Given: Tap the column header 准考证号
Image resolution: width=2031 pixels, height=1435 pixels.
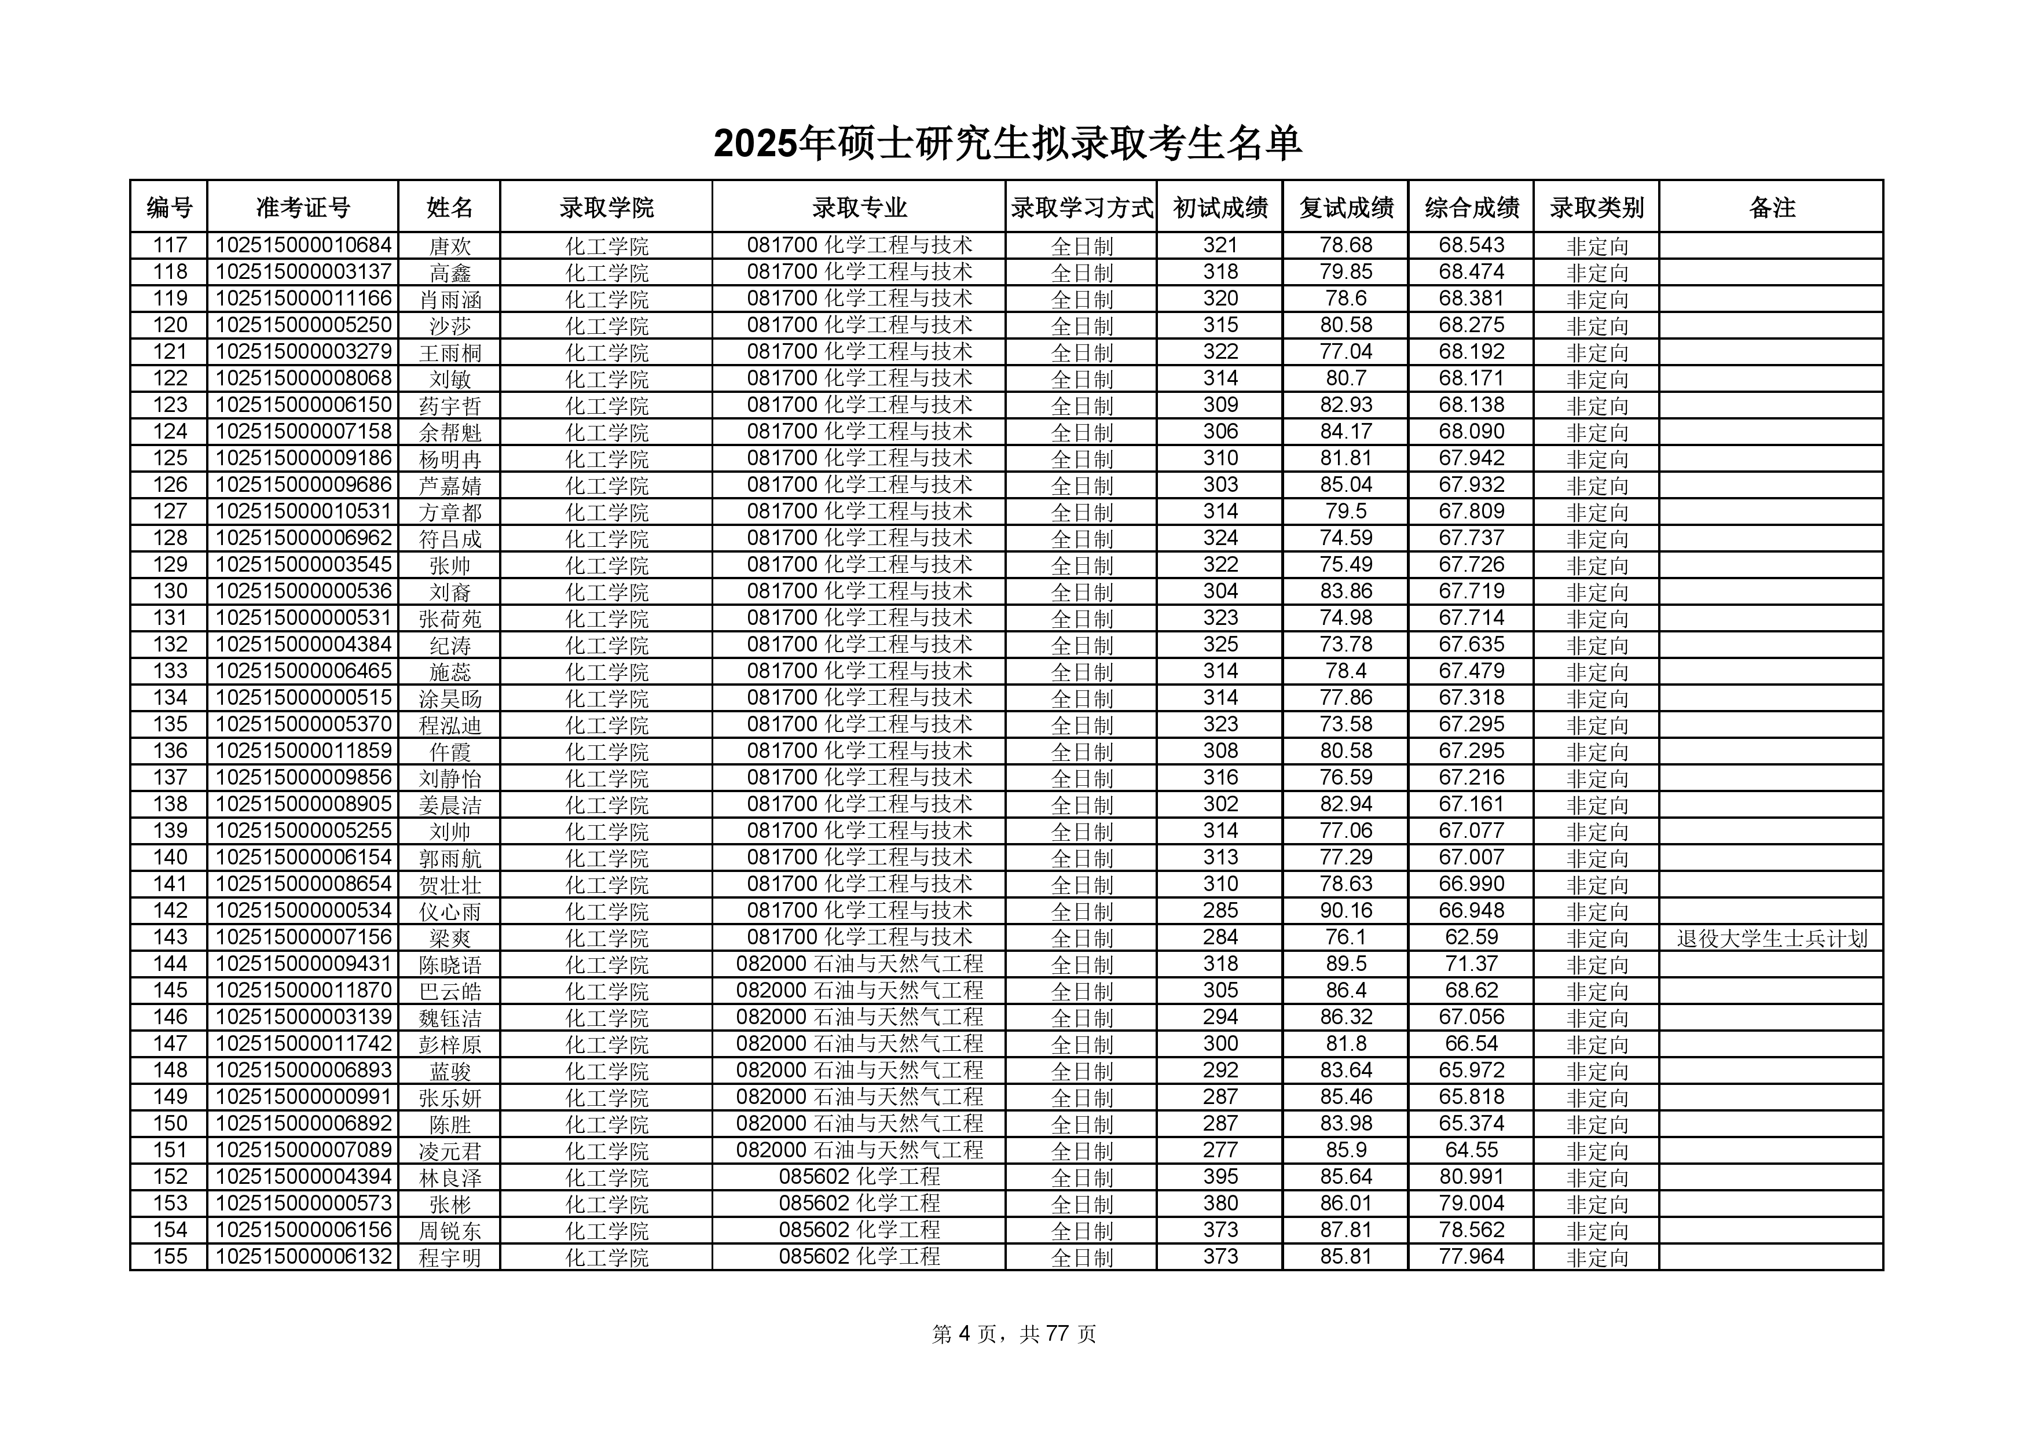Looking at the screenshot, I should [x=303, y=208].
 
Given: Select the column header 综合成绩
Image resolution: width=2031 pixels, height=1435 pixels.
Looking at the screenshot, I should [x=1471, y=208].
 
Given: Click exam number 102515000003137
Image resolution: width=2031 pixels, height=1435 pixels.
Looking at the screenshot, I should [x=303, y=273].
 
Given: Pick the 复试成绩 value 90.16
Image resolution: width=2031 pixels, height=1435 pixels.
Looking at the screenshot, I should [x=1346, y=911].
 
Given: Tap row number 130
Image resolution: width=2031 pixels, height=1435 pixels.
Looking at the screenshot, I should [x=170, y=591].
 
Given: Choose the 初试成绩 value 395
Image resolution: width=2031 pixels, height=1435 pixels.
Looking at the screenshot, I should [x=1220, y=1177].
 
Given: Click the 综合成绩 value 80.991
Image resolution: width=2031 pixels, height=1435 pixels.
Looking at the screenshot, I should [x=1471, y=1177].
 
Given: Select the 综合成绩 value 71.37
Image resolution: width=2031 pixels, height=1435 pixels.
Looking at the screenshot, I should [x=1471, y=964].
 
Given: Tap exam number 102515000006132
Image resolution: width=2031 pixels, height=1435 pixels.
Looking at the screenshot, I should [x=303, y=1256].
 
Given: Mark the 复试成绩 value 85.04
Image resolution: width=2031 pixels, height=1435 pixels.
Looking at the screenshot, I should [x=1346, y=484].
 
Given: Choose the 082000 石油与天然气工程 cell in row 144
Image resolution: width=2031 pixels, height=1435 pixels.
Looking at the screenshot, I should [x=859, y=964].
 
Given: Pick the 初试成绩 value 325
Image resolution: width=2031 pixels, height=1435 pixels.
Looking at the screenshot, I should [x=1220, y=645].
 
